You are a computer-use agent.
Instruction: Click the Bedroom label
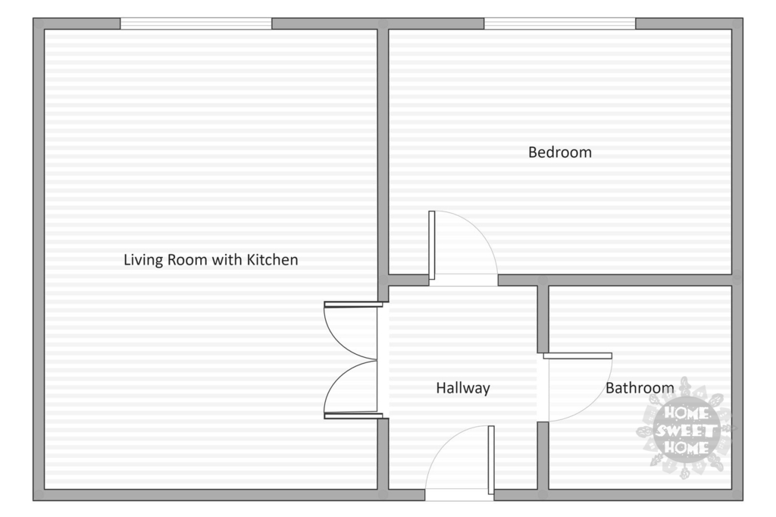(560, 152)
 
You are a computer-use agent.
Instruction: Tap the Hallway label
(463, 388)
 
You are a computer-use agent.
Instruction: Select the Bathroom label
(640, 388)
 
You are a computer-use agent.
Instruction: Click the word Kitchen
(272, 259)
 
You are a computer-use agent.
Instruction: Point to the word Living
(143, 260)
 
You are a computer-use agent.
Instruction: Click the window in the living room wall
(196, 23)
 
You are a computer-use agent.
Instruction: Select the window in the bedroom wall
(560, 23)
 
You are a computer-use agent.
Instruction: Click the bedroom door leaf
(431, 245)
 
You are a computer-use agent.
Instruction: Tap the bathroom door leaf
(577, 356)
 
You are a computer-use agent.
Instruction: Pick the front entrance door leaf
(491, 460)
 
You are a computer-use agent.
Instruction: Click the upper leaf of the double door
(353, 305)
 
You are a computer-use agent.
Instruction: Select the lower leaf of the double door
(353, 416)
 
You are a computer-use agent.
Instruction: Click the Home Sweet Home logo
(685, 429)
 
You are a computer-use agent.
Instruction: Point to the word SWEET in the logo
(686, 431)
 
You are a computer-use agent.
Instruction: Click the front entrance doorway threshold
(459, 495)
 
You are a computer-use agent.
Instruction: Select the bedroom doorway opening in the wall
(463, 280)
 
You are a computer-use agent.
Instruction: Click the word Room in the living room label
(188, 259)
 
